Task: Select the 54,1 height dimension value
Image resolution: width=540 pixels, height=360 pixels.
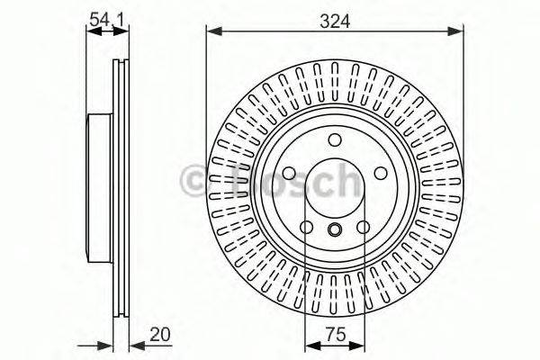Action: tap(105, 17)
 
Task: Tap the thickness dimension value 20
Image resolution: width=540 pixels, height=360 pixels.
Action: tap(160, 336)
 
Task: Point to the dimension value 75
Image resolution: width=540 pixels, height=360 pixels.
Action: tap(334, 336)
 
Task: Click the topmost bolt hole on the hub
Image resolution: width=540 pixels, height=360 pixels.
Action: tap(335, 139)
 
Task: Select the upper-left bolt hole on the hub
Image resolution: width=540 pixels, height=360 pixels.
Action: tap(289, 174)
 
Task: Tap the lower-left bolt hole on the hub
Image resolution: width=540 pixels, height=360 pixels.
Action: tap(306, 227)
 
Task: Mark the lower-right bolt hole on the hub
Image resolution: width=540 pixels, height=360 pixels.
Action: tap(364, 227)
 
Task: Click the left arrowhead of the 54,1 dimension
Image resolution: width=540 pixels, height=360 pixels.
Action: tap(91, 31)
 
